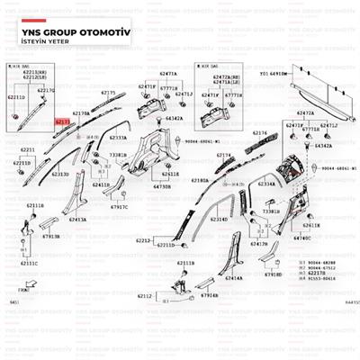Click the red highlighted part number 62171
pyautogui.click(x=63, y=119)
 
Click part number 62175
pyautogui.click(x=108, y=93)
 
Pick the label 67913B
pyautogui.click(x=50, y=236)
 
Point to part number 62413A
pyautogui.click(x=78, y=220)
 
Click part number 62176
pyautogui.click(x=260, y=133)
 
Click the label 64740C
pyautogui.click(x=302, y=238)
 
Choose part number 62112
pyautogui.click(x=145, y=295)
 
